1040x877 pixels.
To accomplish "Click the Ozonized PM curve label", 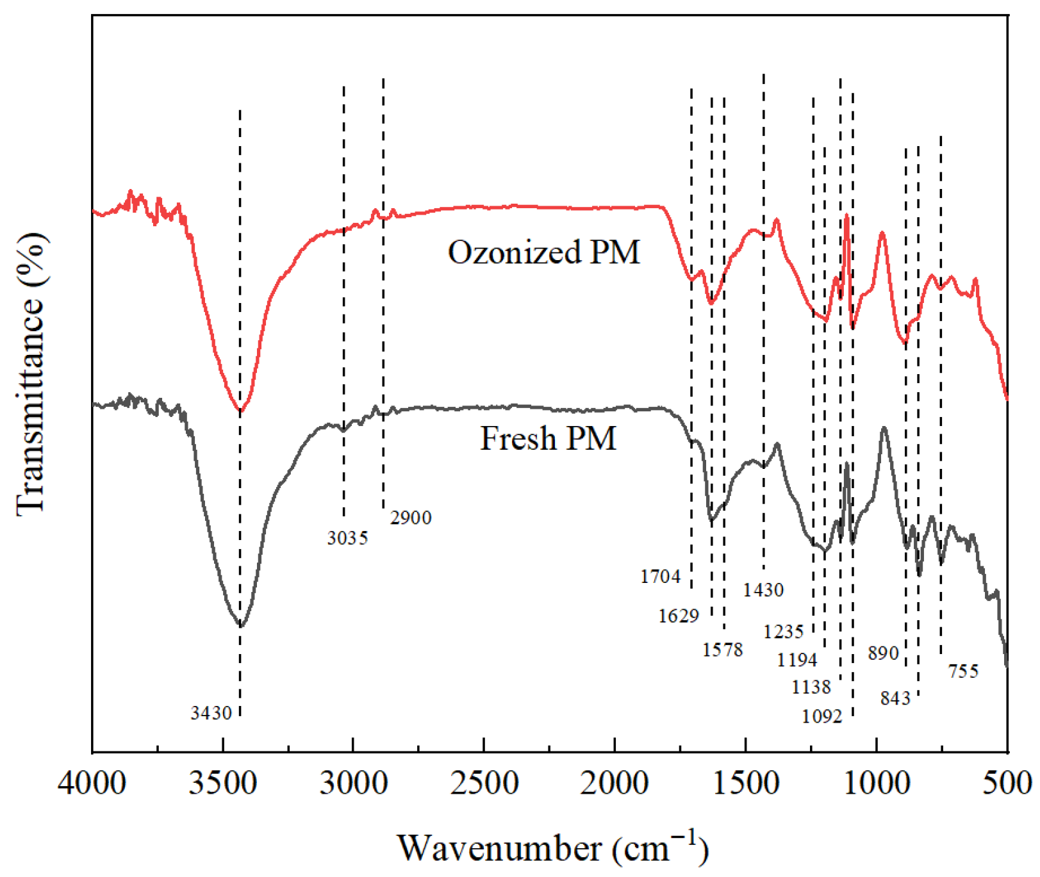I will tap(543, 252).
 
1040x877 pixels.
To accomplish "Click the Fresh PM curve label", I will tap(548, 439).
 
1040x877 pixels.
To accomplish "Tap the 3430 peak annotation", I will tap(211, 712).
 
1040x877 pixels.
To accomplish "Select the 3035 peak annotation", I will tap(347, 538).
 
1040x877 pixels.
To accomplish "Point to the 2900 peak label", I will tap(411, 518).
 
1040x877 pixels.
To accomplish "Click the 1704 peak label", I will tap(660, 577).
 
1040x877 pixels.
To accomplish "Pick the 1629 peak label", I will tap(678, 616).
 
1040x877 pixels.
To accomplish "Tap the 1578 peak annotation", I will tap(722, 650).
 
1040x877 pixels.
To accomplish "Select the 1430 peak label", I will tap(763, 589).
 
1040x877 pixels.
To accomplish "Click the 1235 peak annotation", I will tap(783, 632).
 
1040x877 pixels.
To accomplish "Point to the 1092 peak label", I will tap(821, 716).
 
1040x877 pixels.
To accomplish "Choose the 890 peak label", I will tap(884, 653).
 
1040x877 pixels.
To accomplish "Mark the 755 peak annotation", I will tap(963, 671).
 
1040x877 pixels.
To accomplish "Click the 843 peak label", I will tap(895, 698).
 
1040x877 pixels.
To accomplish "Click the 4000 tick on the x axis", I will tap(92, 783).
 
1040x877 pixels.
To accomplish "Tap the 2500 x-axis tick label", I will tap(484, 783).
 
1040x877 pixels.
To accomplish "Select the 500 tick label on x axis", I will tap(1007, 783).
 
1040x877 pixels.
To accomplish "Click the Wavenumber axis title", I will tap(552, 848).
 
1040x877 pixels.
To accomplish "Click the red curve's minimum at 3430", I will tap(240, 411).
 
